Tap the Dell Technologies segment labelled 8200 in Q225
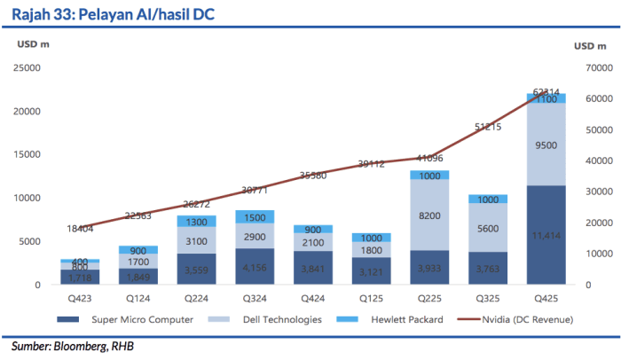428,215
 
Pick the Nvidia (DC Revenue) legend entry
520,318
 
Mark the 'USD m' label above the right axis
589,45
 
